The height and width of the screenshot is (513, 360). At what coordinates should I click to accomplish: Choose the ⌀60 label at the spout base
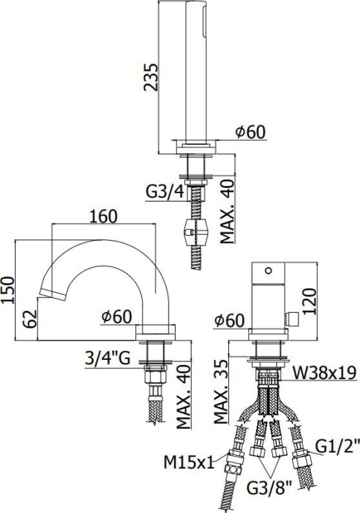pyautogui.click(x=118, y=317)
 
